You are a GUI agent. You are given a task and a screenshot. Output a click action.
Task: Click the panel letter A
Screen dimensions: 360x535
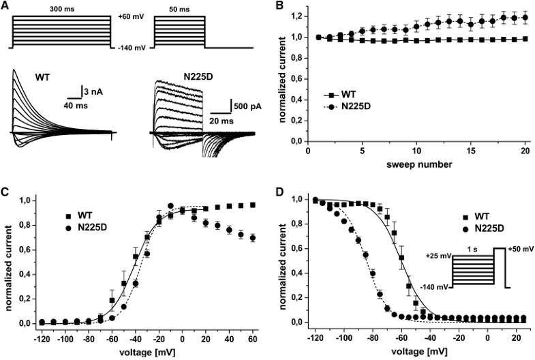5,5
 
